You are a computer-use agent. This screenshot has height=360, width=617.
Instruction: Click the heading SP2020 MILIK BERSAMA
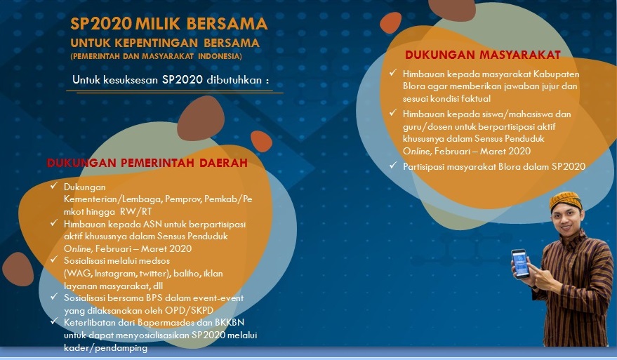pyautogui.click(x=168, y=24)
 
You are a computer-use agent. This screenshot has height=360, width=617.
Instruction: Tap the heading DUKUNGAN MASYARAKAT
pyautogui.click(x=483, y=55)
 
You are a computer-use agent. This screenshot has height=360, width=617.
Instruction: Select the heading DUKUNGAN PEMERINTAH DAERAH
pyautogui.click(x=147, y=163)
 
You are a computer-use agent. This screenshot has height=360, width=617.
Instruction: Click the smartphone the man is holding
pyautogui.click(x=520, y=264)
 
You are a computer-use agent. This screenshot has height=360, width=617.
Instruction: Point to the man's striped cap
pyautogui.click(x=566, y=200)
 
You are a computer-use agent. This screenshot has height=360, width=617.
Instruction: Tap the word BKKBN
pyautogui.click(x=230, y=322)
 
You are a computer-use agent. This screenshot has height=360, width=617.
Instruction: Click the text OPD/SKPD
pyautogui.click(x=189, y=310)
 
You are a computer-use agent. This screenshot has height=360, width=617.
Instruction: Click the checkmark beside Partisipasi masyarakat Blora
pyautogui.click(x=392, y=165)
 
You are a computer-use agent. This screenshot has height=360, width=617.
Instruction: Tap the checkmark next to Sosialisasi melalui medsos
pyautogui.click(x=54, y=259)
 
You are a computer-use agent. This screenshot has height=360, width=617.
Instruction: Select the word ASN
pyautogui.click(x=152, y=225)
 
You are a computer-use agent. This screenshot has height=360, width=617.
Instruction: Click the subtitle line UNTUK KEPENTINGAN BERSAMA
pyautogui.click(x=165, y=43)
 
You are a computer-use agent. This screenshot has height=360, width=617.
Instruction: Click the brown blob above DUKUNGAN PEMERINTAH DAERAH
pyautogui.click(x=201, y=119)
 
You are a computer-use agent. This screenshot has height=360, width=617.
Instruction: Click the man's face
pyautogui.click(x=566, y=220)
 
